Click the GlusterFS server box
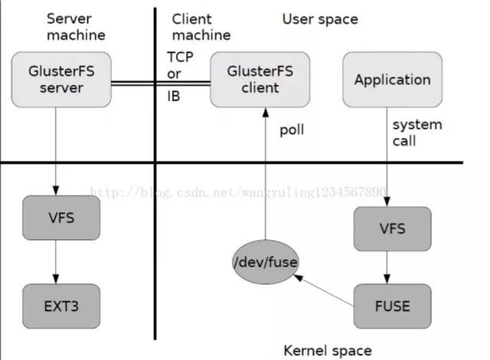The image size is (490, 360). click(56, 79)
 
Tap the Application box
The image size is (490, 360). click(392, 79)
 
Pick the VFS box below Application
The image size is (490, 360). click(392, 228)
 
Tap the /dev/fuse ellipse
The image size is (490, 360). click(265, 263)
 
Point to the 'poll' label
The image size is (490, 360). click(291, 129)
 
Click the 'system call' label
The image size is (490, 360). click(416, 133)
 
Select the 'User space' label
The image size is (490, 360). click(320, 18)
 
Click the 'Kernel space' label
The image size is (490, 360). click(328, 350)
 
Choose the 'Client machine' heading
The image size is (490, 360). click(200, 26)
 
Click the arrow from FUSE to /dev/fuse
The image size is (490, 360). click(325, 292)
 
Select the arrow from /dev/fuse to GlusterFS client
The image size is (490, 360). click(265, 176)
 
